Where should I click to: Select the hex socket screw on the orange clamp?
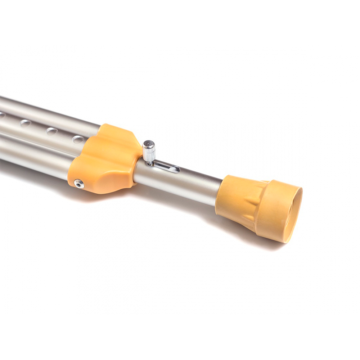79,184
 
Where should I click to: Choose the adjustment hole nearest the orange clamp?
78,139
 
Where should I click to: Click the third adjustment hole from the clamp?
26,123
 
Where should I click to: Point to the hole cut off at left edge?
2,115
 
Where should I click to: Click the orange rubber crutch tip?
259,207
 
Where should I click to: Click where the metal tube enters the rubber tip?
219,193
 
